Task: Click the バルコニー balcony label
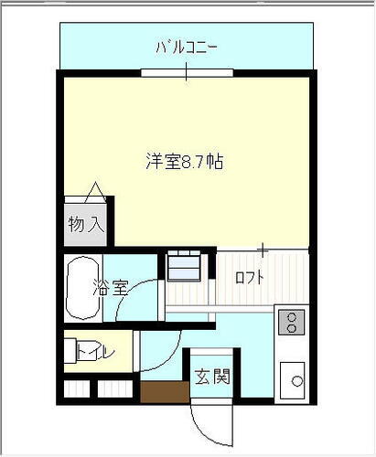coord(187,45)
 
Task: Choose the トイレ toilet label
coord(89,350)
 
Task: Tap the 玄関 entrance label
coord(210,375)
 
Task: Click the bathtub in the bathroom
coord(82,288)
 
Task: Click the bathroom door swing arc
coord(138,297)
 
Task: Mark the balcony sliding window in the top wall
coord(187,71)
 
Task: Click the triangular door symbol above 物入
coord(93,192)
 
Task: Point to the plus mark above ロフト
coord(263,249)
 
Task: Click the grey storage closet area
coord(84,224)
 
